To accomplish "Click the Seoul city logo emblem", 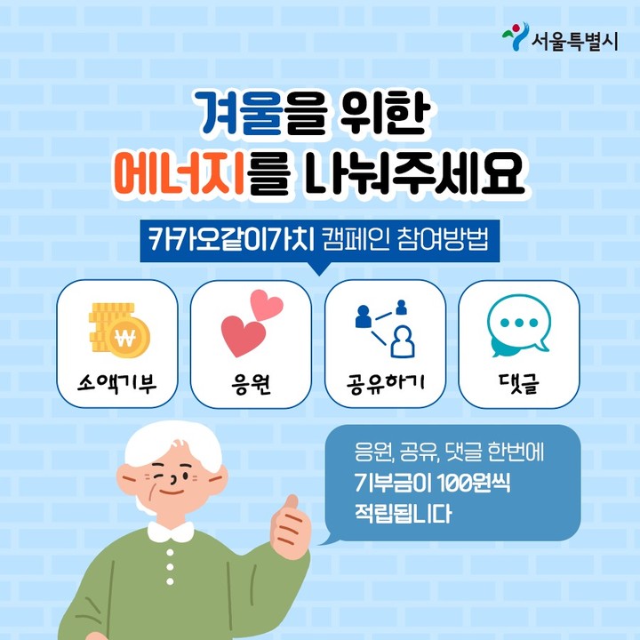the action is tap(516, 36).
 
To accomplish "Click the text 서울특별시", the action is tap(575, 41).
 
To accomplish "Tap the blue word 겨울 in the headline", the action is tap(241, 114).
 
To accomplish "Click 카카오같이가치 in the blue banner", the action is tap(231, 240).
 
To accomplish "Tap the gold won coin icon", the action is tap(120, 330).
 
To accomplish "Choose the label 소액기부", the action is tap(117, 383).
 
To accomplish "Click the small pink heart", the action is tap(267, 305).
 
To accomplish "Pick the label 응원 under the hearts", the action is tap(251, 384).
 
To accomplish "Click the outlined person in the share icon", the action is tap(403, 341).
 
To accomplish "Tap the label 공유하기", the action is tap(385, 383).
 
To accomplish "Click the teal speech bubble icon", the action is tap(519, 325).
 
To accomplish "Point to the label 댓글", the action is tap(519, 383).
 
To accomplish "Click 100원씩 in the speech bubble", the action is tap(474, 484).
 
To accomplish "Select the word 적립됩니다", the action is tap(404, 514).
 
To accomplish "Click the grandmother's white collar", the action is tap(171, 532).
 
